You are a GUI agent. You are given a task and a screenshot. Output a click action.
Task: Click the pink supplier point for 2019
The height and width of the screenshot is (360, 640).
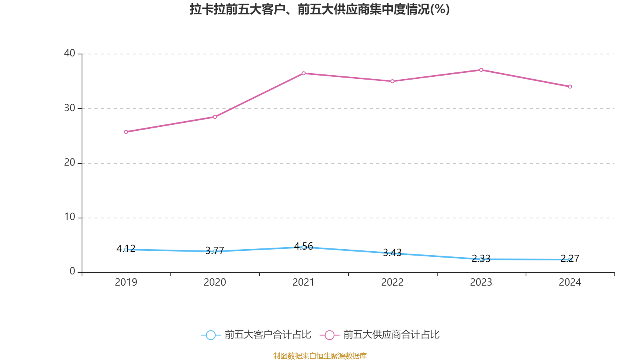click(126, 132)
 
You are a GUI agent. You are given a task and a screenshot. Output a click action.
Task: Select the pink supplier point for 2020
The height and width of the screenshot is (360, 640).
click(215, 117)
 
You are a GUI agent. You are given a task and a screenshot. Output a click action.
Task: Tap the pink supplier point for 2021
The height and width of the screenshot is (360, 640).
click(304, 73)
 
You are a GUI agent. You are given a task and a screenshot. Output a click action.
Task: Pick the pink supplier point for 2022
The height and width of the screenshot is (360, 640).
click(392, 81)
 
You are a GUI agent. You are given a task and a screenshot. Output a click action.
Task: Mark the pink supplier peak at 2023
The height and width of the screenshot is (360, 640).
click(481, 70)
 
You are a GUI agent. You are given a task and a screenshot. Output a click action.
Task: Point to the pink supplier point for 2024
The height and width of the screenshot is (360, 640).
click(570, 86)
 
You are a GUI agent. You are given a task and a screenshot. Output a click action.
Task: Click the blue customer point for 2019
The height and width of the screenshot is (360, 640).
click(126, 250)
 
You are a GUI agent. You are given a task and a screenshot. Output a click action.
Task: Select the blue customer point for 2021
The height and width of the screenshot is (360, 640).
click(304, 247)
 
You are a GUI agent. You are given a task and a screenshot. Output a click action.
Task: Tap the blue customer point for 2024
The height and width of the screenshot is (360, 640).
click(570, 260)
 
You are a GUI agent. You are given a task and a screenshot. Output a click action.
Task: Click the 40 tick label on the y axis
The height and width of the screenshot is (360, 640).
click(70, 53)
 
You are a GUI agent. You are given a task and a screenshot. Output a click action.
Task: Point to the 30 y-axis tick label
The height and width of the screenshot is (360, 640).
click(70, 108)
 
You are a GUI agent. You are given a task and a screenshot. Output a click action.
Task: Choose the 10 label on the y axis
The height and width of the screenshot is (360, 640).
click(70, 217)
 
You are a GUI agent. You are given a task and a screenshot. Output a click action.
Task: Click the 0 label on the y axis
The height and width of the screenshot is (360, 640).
click(72, 272)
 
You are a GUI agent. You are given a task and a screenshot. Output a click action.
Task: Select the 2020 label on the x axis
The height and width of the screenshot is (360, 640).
click(215, 282)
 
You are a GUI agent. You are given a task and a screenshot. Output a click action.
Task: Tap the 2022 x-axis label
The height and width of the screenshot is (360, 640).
click(392, 282)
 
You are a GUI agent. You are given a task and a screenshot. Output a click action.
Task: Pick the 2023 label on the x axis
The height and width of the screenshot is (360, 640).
click(481, 282)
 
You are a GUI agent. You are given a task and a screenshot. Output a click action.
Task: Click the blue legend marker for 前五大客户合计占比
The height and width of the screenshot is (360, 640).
click(210, 335)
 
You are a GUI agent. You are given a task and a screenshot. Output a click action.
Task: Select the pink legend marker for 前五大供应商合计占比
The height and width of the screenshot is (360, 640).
click(329, 335)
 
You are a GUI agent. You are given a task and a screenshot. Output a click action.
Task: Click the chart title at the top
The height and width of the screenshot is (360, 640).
click(320, 9)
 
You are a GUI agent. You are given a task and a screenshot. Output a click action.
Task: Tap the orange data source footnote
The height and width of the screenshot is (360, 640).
click(320, 356)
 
